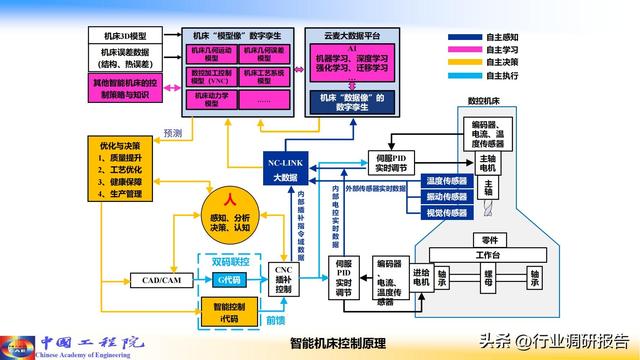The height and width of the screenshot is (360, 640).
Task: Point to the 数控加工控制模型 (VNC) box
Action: pos(208,76)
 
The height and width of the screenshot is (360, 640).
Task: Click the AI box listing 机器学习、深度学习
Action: pos(351,62)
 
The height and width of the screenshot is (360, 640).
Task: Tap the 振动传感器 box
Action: pos(446,196)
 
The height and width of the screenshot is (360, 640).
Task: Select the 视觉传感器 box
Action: pos(446,212)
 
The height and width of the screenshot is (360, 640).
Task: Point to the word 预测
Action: pos(172,132)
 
